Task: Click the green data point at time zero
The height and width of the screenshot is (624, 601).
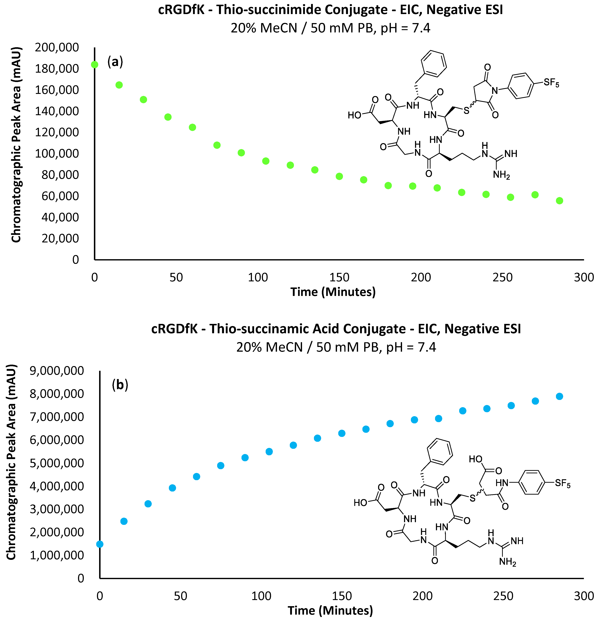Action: (95, 65)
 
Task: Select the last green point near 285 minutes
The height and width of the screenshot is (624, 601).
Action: (559, 201)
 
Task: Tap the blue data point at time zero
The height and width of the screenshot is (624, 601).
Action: (100, 544)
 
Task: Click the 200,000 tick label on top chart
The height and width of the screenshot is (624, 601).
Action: (57, 47)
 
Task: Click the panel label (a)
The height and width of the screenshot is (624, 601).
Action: (115, 61)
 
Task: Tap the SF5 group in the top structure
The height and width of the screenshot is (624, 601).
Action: (551, 83)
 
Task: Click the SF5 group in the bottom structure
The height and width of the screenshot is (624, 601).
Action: (562, 483)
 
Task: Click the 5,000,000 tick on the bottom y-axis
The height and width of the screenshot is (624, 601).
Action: (57, 463)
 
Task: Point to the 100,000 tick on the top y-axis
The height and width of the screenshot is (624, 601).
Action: (57, 153)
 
